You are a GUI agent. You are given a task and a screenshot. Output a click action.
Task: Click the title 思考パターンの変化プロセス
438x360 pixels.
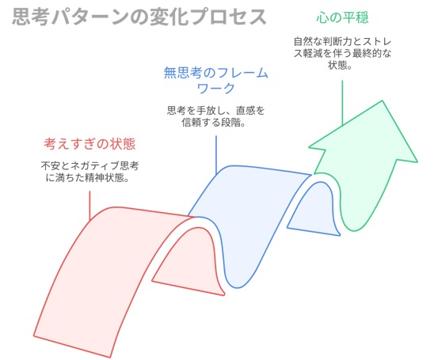[x=139, y=17]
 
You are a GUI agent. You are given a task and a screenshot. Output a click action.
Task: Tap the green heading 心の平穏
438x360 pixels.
[x=342, y=17]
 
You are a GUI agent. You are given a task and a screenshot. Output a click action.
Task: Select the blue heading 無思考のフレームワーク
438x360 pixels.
[x=215, y=81]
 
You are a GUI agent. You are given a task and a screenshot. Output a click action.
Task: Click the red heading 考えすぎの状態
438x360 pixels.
[x=90, y=144]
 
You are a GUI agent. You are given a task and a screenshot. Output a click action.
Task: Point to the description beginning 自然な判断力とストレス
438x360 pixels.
[x=342, y=53]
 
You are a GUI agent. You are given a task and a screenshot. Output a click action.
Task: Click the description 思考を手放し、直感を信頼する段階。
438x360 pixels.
[x=215, y=116]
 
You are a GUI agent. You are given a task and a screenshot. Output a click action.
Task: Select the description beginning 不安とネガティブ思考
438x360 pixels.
[x=90, y=172]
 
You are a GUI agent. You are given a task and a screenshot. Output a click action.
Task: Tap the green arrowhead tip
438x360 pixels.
[x=382, y=101]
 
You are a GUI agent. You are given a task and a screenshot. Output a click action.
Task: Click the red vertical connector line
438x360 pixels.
[x=90, y=206]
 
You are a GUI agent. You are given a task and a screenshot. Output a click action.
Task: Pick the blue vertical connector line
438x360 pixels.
[x=216, y=155]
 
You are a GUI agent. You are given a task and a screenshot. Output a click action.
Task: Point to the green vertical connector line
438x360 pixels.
[x=342, y=104]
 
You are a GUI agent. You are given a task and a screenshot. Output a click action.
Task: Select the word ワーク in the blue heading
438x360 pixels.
[x=215, y=88]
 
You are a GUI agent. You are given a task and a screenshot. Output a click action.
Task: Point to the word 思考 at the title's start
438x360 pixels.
[x=30, y=17]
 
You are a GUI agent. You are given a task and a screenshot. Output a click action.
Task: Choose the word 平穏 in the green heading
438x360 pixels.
[x=356, y=17]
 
